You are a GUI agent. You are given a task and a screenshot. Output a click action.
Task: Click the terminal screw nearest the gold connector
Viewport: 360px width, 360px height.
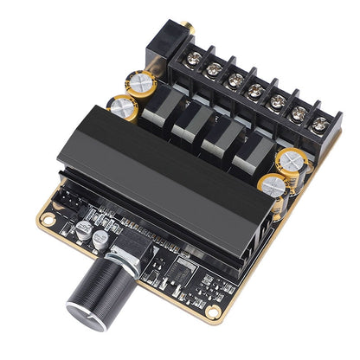pos(193,58)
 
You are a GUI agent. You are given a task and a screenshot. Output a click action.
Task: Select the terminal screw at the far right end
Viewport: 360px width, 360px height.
pos(318,124)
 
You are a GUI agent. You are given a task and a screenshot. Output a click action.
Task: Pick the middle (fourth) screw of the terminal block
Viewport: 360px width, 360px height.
pos(255,90)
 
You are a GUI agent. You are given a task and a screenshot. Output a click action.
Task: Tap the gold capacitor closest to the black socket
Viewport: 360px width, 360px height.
pos(142,84)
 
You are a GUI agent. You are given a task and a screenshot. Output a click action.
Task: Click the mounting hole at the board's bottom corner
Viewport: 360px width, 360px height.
pos(210,309)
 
